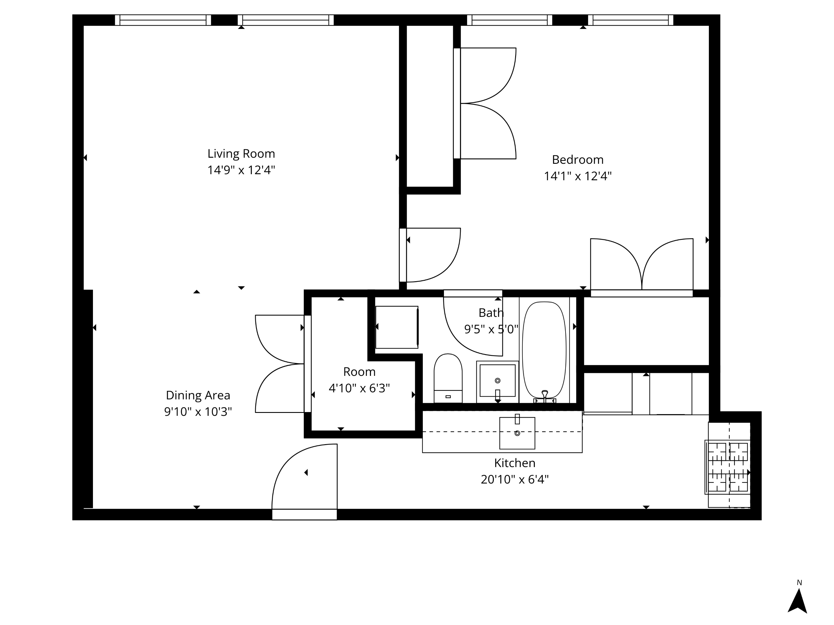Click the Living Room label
[241, 154]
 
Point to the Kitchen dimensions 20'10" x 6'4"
[514, 479]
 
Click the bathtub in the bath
[544, 350]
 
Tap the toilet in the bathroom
[448, 377]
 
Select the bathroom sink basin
[497, 380]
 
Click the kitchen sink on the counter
[517, 433]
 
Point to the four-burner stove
[727, 467]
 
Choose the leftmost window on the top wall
[163, 20]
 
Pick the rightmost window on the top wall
[630, 20]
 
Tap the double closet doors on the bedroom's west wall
[487, 103]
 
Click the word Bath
[491, 313]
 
